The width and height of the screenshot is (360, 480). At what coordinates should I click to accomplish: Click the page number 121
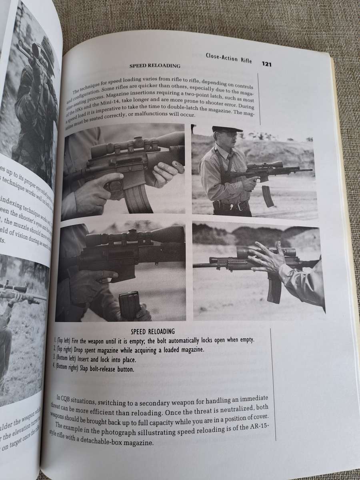(267, 64)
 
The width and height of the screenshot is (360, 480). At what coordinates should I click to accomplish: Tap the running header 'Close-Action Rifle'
(229, 58)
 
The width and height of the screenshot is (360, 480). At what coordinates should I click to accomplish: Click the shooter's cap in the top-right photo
(227, 129)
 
